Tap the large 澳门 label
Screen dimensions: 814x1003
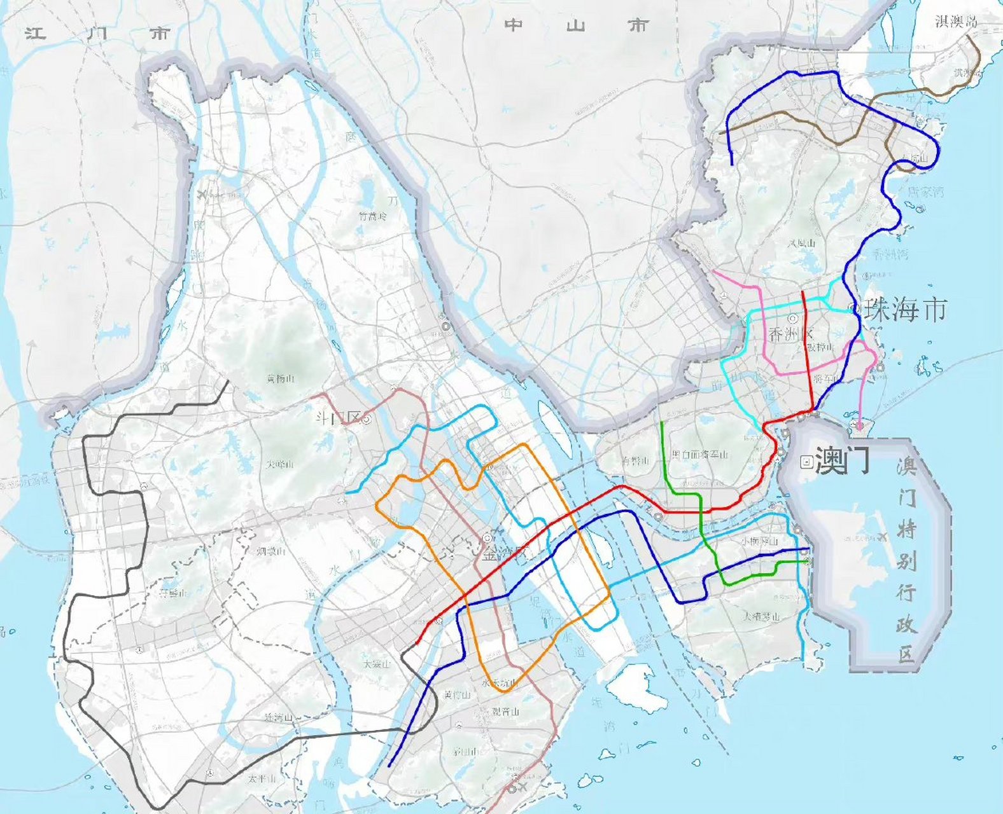[x=841, y=460]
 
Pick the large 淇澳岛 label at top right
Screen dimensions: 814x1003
[x=956, y=22]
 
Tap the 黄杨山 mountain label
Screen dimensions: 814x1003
[x=281, y=378]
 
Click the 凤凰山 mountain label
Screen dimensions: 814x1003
[x=802, y=243]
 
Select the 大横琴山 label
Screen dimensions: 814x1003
[x=762, y=616]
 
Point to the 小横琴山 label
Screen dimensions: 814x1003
[x=760, y=542]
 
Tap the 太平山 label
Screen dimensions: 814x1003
[x=262, y=778]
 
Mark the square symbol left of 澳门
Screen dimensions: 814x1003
[x=806, y=462]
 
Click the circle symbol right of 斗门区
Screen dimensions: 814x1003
[x=367, y=420]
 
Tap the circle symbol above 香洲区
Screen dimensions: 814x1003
[x=793, y=319]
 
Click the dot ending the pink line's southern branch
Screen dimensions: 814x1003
[x=859, y=425]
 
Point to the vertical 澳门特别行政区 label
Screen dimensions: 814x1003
[x=907, y=560]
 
